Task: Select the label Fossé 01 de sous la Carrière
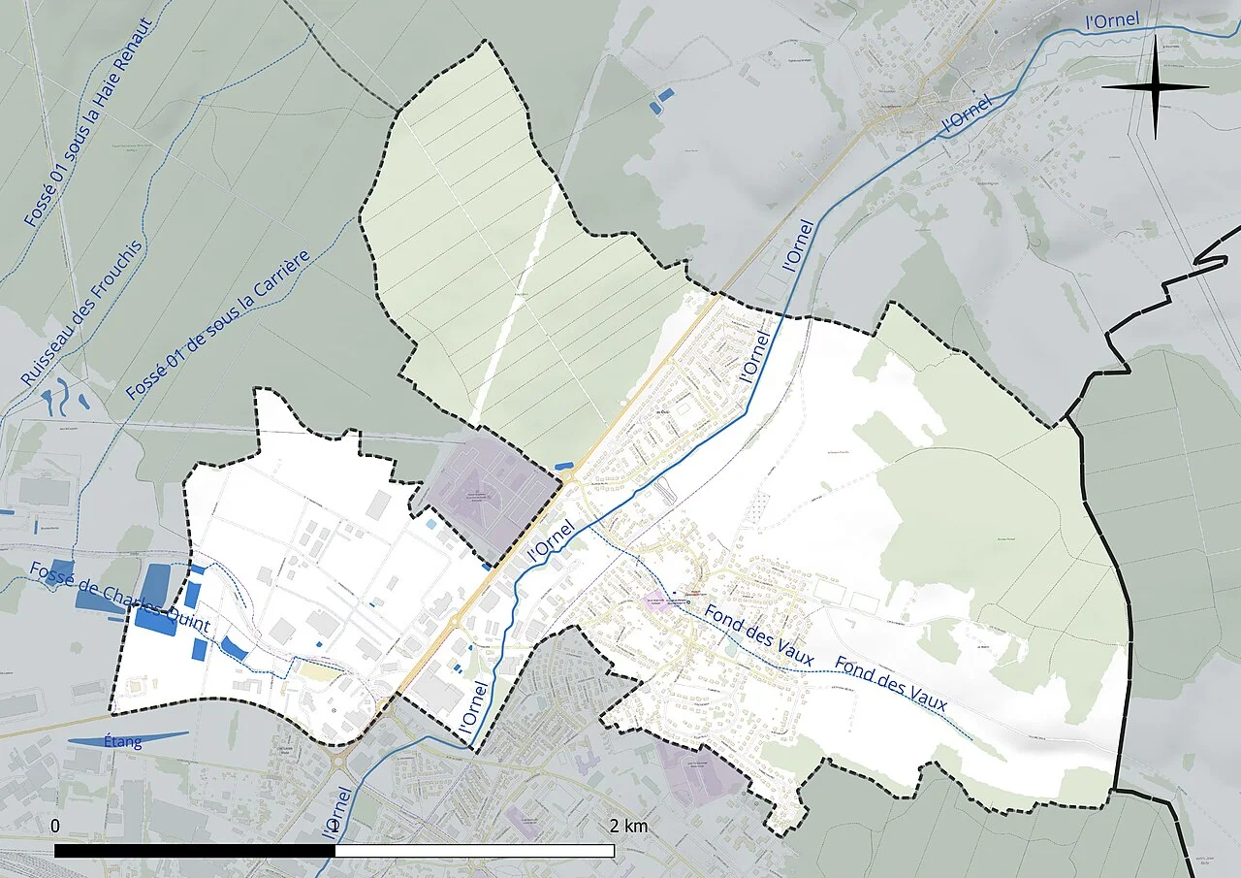(x=217, y=325)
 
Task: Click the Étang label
(x=123, y=743)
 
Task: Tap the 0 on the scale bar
(x=55, y=827)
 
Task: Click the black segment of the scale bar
(x=194, y=851)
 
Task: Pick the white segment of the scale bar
(x=475, y=851)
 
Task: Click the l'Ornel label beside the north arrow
(x=1111, y=20)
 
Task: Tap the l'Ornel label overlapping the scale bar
(x=331, y=815)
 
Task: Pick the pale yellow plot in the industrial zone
(x=319, y=670)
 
